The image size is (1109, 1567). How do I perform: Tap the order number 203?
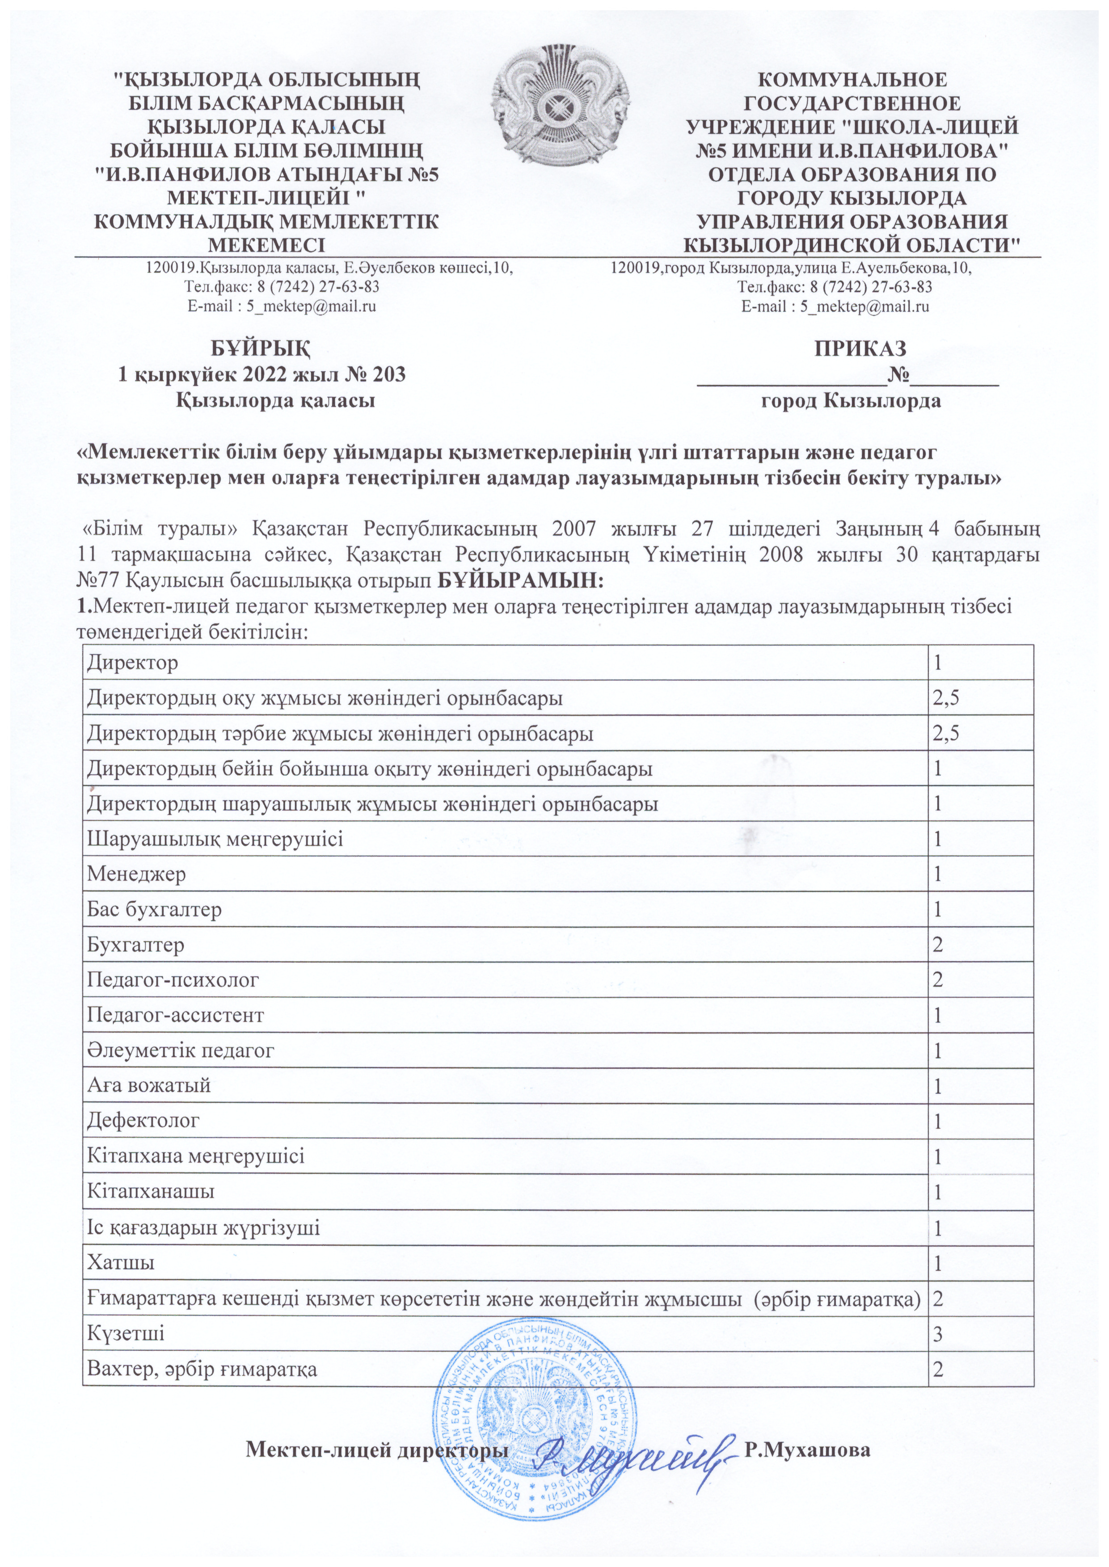pyautogui.click(x=387, y=374)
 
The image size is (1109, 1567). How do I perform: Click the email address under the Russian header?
pyautogui.click(x=835, y=307)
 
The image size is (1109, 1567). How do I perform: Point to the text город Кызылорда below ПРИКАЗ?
pyautogui.click(x=851, y=401)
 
